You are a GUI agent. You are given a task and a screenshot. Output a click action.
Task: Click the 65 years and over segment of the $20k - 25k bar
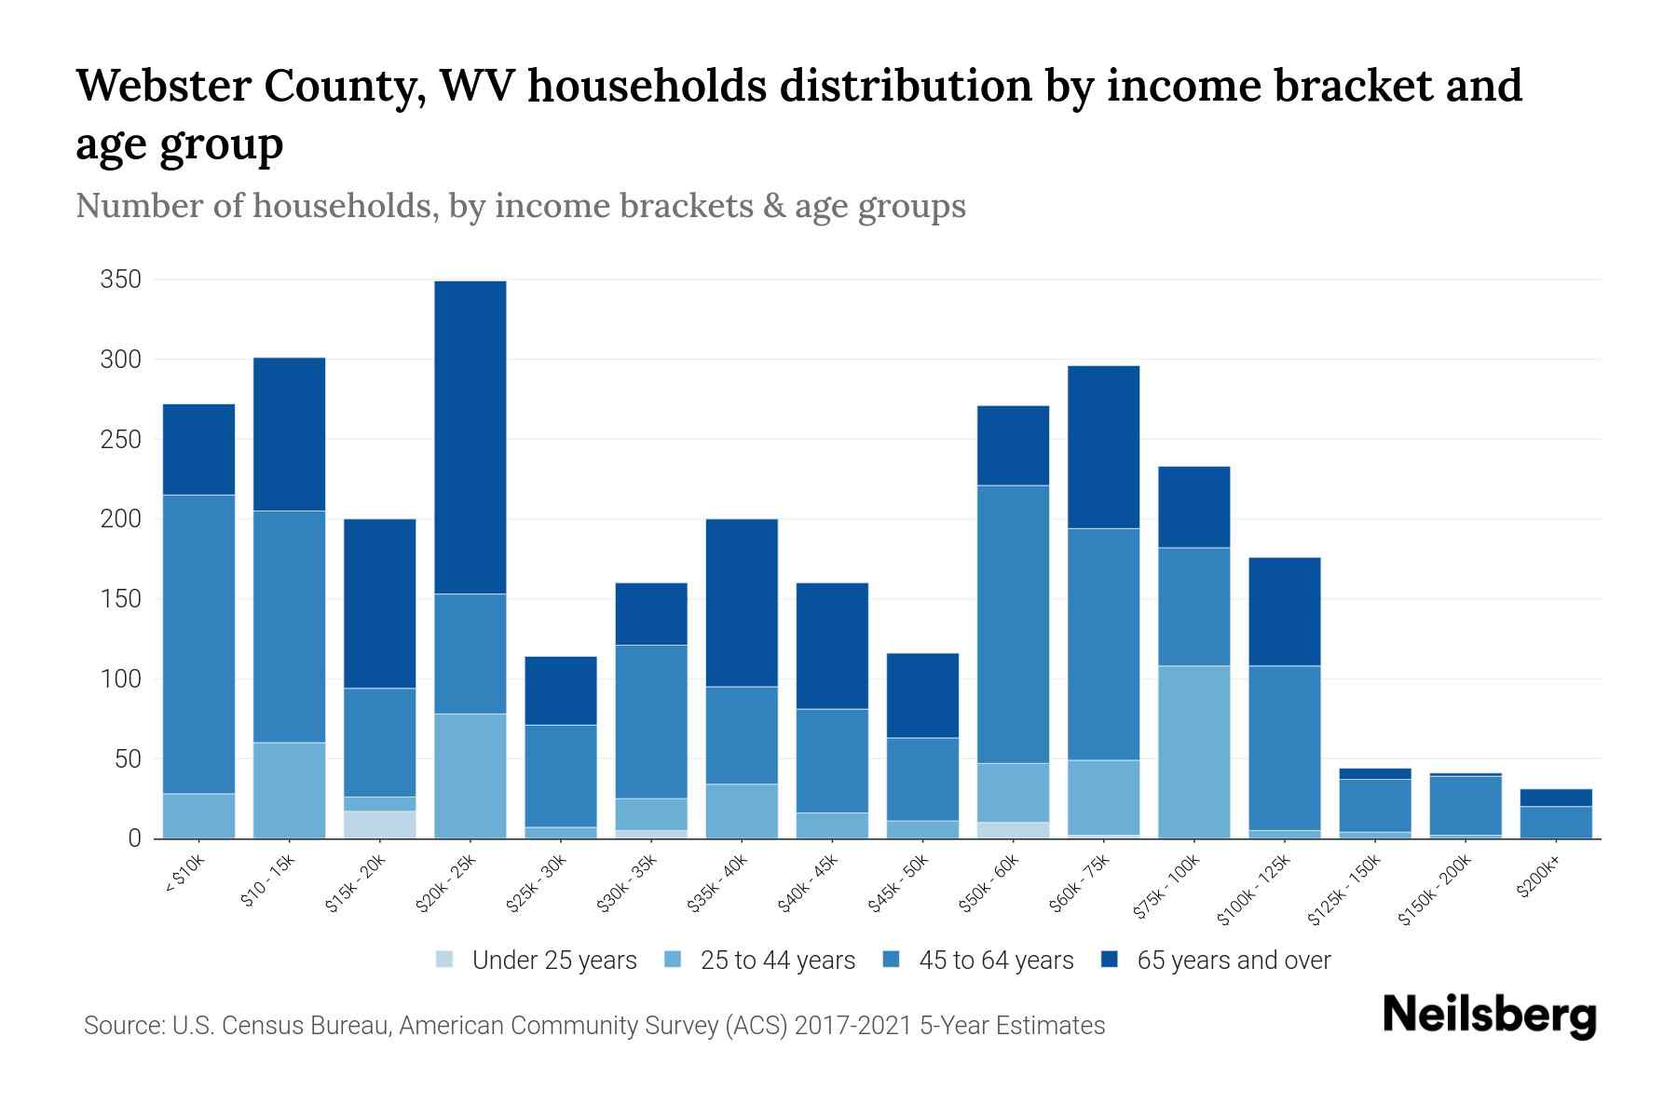[470, 437]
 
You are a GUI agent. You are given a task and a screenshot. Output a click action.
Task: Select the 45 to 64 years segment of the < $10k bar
[198, 644]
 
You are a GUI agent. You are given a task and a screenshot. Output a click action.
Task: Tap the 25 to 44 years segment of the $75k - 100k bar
[1193, 752]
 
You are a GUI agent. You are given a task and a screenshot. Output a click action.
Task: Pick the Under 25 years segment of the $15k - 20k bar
[380, 825]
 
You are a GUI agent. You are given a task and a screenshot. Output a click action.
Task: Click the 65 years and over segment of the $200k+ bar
[1556, 798]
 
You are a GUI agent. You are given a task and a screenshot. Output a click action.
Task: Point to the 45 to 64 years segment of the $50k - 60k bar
[1013, 624]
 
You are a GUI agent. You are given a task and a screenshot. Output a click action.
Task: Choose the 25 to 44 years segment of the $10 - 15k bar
[290, 790]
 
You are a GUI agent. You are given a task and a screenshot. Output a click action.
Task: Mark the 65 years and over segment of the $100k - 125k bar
[1284, 611]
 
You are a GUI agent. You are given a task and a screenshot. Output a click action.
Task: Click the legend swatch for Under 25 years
[445, 960]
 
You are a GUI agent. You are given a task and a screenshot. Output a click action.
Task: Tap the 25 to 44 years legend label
[777, 961]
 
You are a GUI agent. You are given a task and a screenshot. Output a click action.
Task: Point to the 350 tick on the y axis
[121, 279]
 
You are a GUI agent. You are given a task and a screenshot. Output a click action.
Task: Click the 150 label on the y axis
[121, 599]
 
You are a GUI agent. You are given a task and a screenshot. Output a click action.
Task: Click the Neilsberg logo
[1489, 1016]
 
